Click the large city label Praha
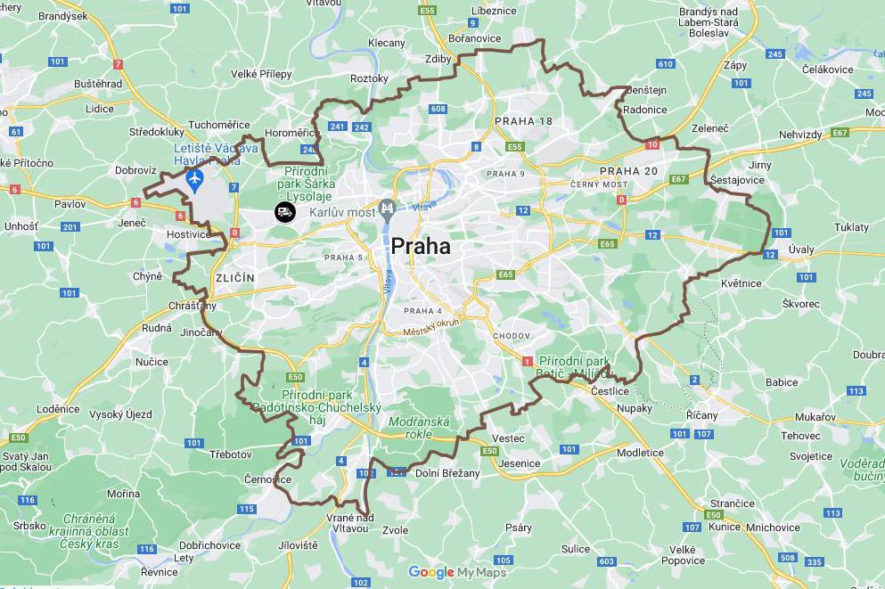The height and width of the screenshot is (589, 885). (421, 247)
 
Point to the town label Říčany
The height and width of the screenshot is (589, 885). (702, 415)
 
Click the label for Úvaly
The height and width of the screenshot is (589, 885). (801, 250)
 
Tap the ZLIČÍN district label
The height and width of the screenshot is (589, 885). (234, 278)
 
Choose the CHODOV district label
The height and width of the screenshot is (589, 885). (511, 336)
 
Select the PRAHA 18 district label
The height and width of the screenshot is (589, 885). (523, 121)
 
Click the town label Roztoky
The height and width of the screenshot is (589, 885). (369, 78)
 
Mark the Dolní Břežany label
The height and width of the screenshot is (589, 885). (448, 473)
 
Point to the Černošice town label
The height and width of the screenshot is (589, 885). (267, 479)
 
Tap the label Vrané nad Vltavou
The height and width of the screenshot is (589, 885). (349, 523)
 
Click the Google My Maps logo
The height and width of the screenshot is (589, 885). (457, 572)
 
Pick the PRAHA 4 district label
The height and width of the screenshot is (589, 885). (422, 311)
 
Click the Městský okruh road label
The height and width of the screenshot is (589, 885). (430, 328)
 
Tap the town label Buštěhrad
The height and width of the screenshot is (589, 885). (98, 83)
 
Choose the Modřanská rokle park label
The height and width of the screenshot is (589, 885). (419, 428)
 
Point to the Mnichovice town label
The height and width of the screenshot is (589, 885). (773, 527)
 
